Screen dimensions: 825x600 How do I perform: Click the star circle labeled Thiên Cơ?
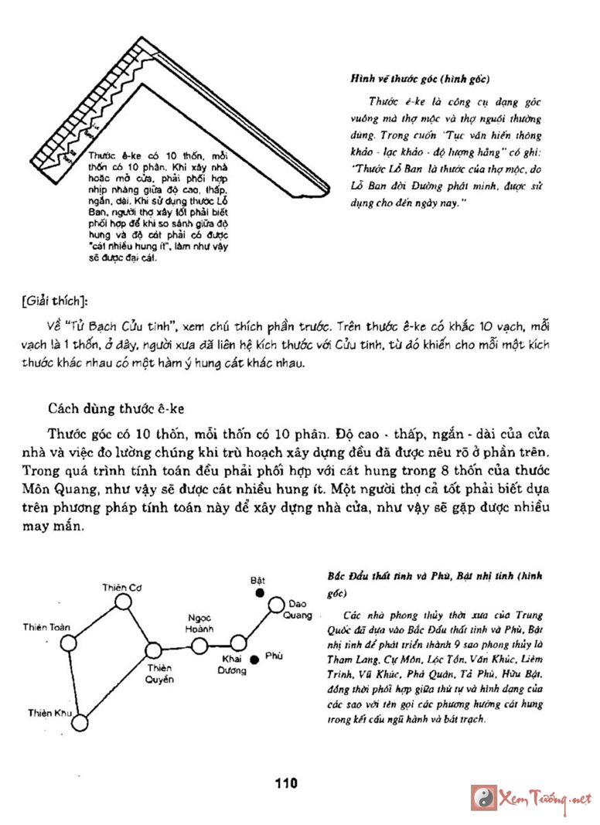click(x=124, y=604)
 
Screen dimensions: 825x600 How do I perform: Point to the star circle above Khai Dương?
click(x=239, y=642)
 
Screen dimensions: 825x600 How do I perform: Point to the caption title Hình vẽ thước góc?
click(x=421, y=79)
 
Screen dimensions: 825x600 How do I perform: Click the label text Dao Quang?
click(x=300, y=609)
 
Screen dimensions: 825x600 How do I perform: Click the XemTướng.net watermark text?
click(x=546, y=799)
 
